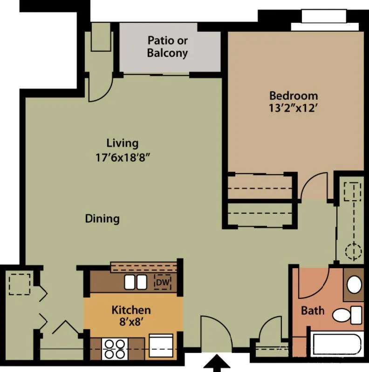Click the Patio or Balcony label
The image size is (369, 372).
tap(167, 47)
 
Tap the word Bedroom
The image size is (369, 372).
tap(294, 96)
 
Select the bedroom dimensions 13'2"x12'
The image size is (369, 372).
tap(294, 108)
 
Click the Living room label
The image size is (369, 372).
tap(122, 143)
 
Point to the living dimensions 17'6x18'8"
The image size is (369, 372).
tap(122, 157)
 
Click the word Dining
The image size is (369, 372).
tap(102, 218)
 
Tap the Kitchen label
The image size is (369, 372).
tap(131, 310)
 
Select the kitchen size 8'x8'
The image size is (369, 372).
tap(131, 322)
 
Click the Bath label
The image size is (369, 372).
tap(312, 310)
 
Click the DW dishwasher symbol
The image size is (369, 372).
tap(162, 282)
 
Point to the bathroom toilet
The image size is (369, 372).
tap(347, 315)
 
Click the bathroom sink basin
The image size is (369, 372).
tap(355, 284)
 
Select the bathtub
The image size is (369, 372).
tap(336, 345)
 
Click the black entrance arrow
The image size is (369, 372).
tap(216, 363)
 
